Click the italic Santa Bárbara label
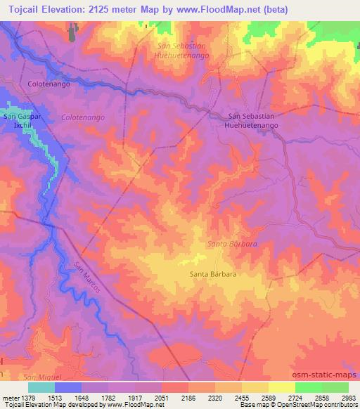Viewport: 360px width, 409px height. click(x=231, y=244)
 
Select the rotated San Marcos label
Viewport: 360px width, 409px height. click(x=88, y=278)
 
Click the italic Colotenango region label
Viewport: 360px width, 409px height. click(x=83, y=117)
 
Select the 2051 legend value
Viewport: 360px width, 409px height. click(x=162, y=397)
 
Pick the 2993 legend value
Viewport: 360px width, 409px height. click(x=348, y=397)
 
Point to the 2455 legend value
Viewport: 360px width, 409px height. click(x=242, y=397)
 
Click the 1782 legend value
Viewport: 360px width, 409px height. click(x=108, y=397)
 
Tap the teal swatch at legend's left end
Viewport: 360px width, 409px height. click(x=41, y=387)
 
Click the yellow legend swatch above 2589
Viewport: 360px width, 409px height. click(x=255, y=387)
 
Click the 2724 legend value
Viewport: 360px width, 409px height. click(x=295, y=397)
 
